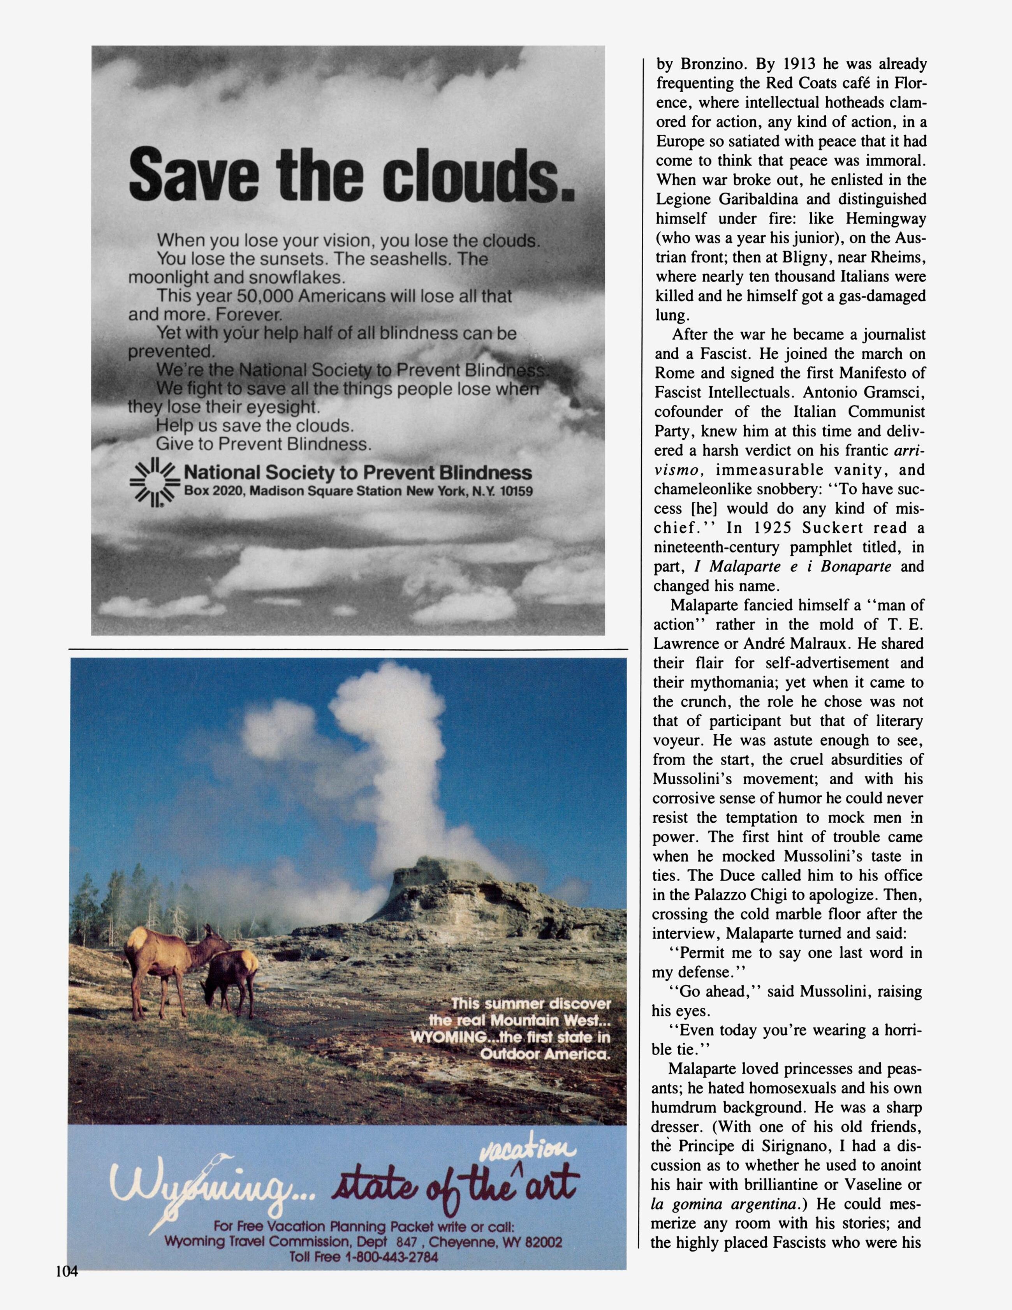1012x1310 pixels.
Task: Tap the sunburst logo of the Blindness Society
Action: [x=155, y=482]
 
